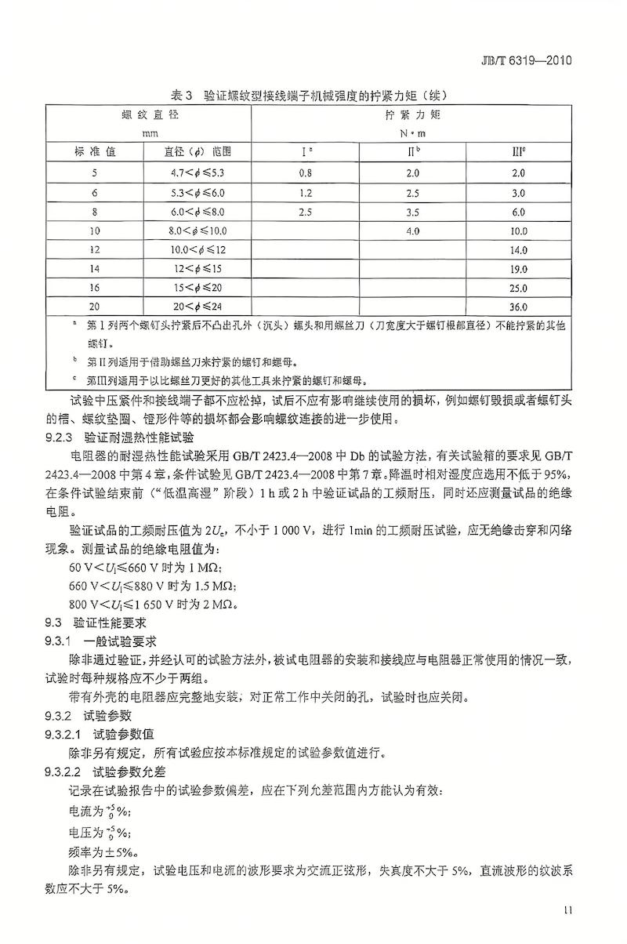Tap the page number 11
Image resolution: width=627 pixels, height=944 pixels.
(x=568, y=910)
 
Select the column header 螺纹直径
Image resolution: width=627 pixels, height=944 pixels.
(x=147, y=115)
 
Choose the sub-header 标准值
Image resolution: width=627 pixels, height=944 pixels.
(x=95, y=151)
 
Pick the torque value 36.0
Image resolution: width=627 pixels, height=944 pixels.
(x=518, y=307)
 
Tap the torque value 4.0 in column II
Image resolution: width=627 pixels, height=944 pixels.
(x=413, y=231)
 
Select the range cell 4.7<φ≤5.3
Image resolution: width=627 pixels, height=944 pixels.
(x=197, y=172)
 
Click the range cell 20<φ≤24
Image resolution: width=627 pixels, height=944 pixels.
(x=197, y=307)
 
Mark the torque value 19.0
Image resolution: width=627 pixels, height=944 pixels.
(x=518, y=269)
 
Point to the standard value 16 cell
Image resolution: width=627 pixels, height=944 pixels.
(x=95, y=288)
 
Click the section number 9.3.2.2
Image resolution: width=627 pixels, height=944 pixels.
(x=69, y=772)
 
